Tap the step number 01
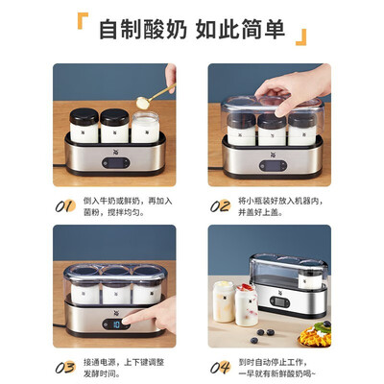click(65, 206)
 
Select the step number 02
click(220, 206)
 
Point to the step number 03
click(65, 368)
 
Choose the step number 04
click(220, 368)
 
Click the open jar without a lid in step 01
click(145, 128)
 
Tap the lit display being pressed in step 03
click(116, 324)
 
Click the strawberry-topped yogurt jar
click(247, 304)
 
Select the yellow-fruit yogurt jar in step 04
click(224, 301)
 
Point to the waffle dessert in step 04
click(315, 335)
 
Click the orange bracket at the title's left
click(83, 21)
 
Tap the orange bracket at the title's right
click(301, 37)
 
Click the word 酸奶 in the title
click(165, 30)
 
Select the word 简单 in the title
click(263, 30)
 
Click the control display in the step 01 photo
click(116, 163)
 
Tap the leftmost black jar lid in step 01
click(84, 116)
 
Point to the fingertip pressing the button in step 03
click(127, 321)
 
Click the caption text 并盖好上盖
click(260, 212)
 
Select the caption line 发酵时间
click(102, 373)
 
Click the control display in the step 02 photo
click(273, 166)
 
